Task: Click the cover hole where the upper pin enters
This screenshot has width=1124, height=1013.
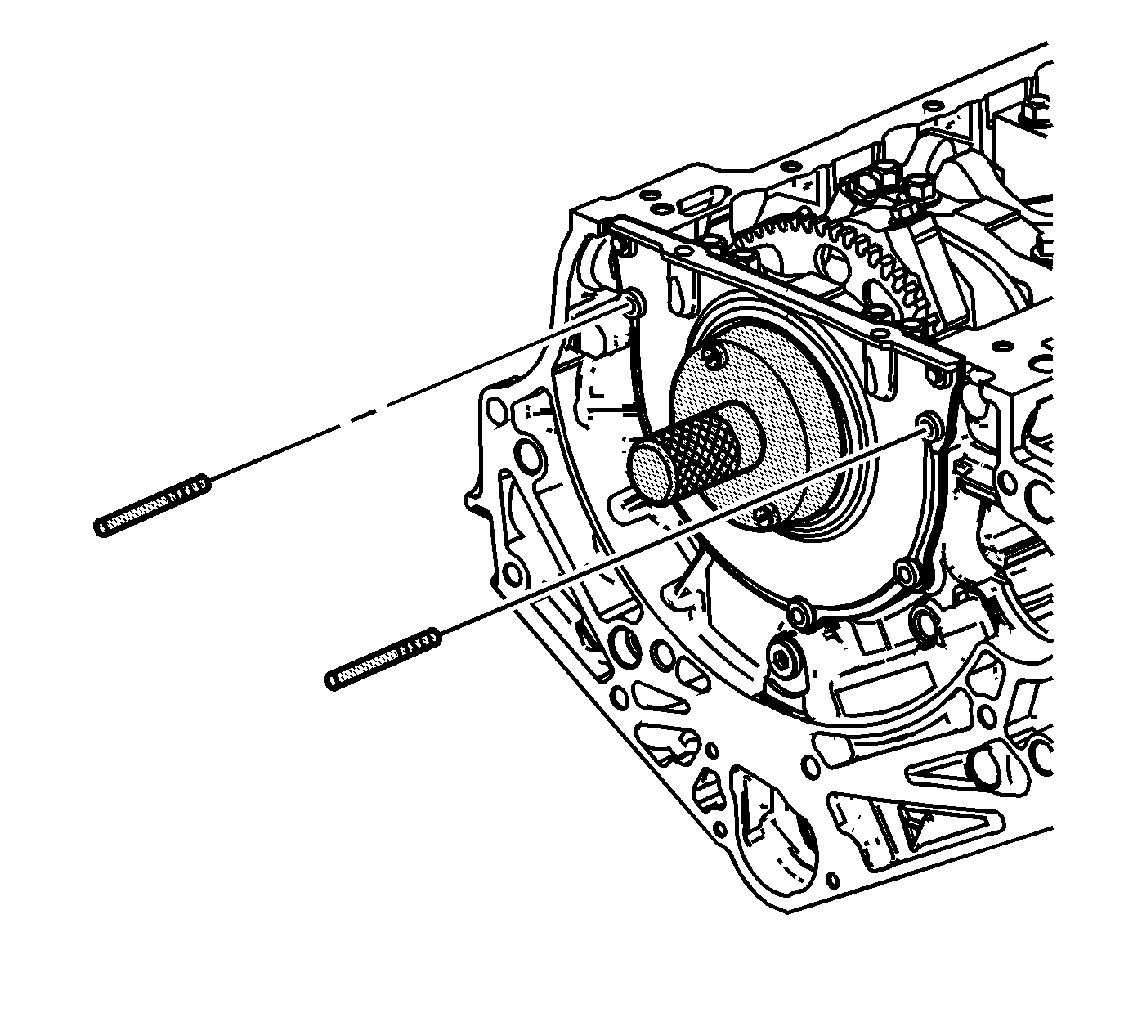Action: point(634,305)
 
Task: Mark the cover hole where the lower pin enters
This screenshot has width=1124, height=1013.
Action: point(929,424)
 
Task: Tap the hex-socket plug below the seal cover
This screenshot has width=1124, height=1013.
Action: point(784,660)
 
